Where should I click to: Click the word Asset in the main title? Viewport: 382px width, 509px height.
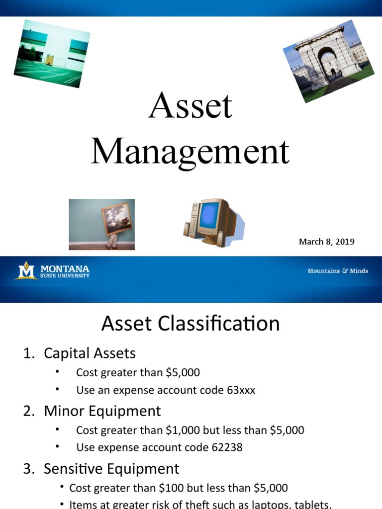(x=191, y=106)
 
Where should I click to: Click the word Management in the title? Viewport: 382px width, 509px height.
(x=190, y=152)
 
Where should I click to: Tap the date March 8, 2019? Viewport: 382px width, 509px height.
(x=326, y=242)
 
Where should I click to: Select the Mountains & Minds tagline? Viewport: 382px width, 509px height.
(x=338, y=271)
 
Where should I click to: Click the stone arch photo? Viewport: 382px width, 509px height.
(x=328, y=61)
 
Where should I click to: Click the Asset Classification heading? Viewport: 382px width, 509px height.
(x=191, y=324)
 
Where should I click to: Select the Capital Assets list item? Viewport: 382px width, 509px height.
(x=90, y=353)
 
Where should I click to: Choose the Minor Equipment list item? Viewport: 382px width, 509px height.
(x=102, y=411)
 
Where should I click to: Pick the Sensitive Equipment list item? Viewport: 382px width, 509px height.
(x=111, y=469)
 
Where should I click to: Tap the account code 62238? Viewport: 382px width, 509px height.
(x=227, y=447)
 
